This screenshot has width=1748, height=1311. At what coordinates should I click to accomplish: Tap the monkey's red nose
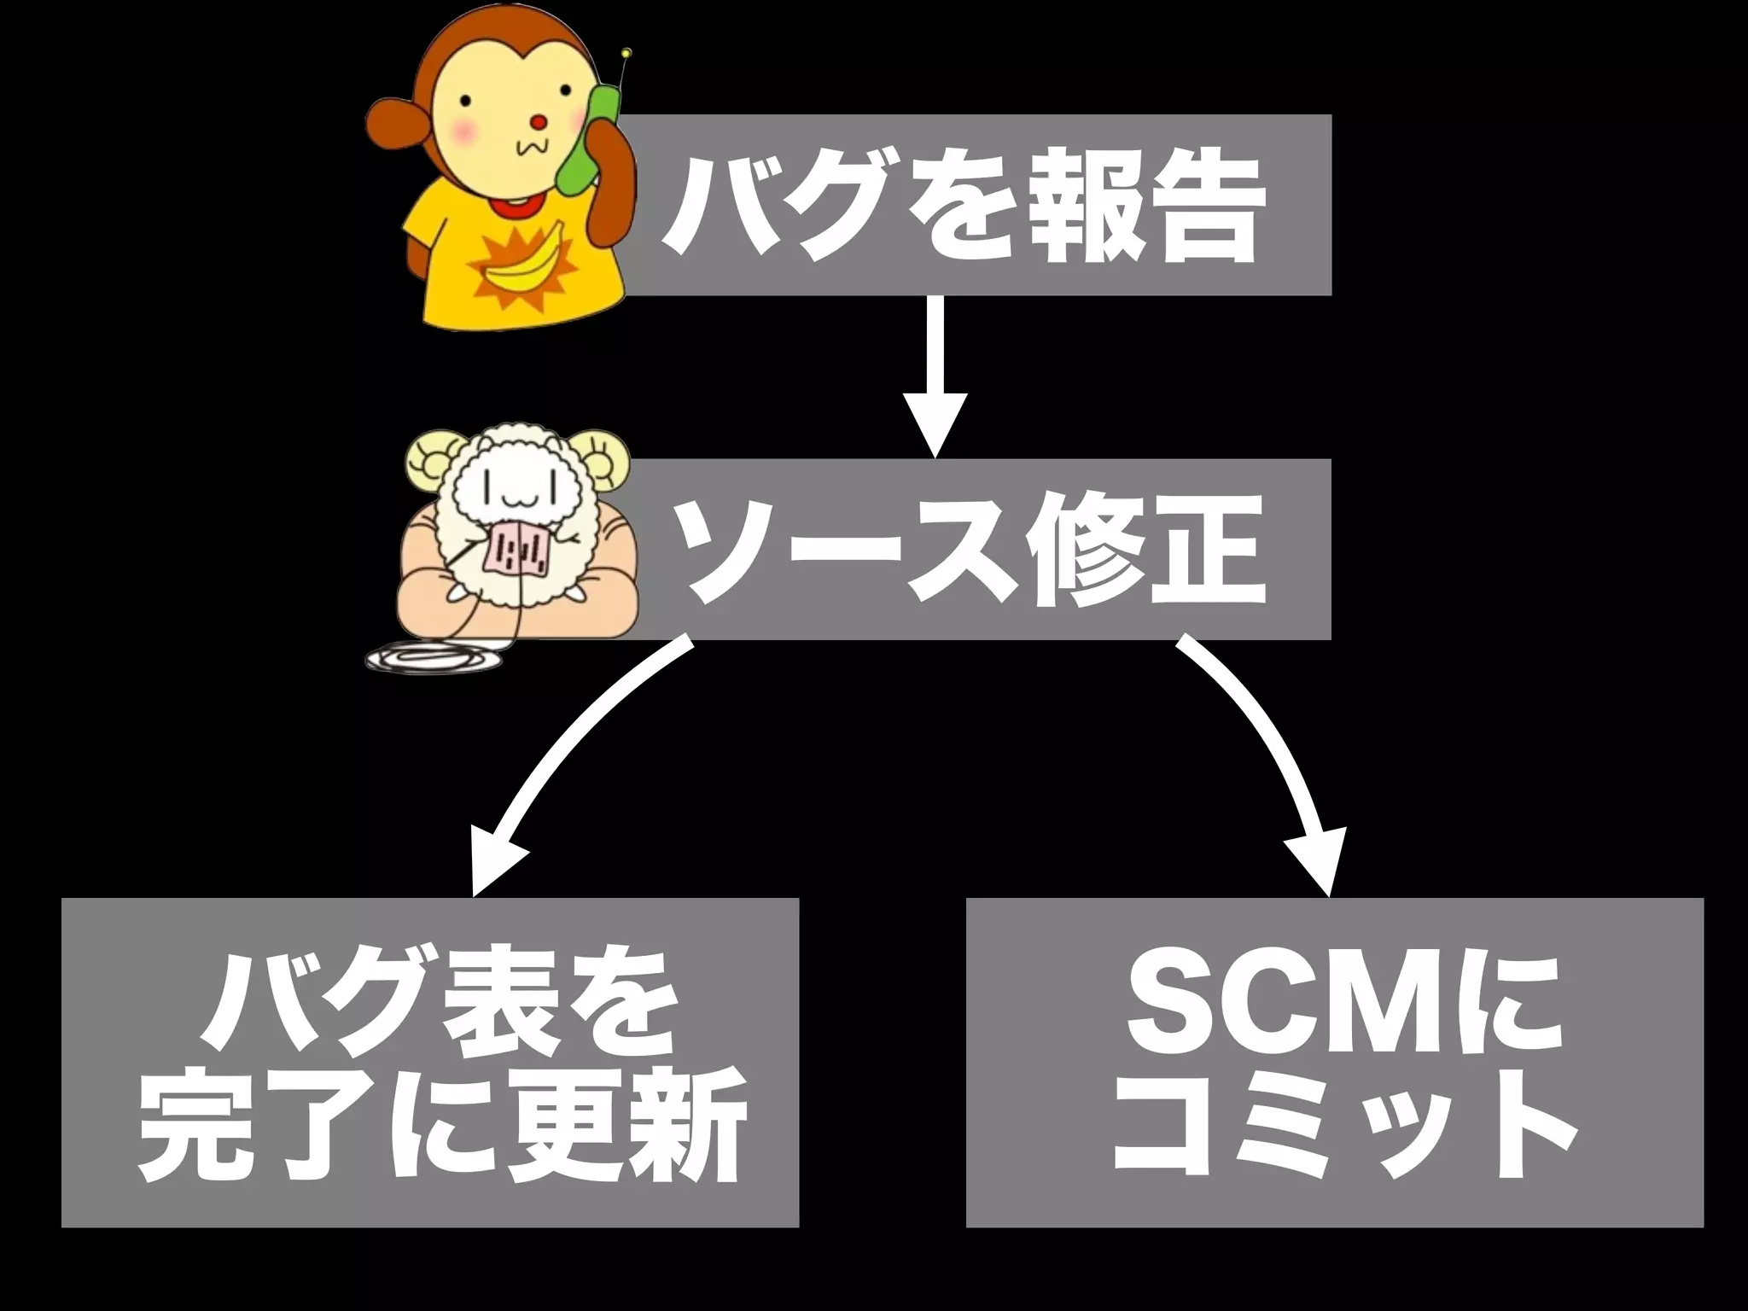(539, 122)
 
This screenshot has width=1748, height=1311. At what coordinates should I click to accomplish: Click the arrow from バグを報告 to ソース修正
(935, 376)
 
